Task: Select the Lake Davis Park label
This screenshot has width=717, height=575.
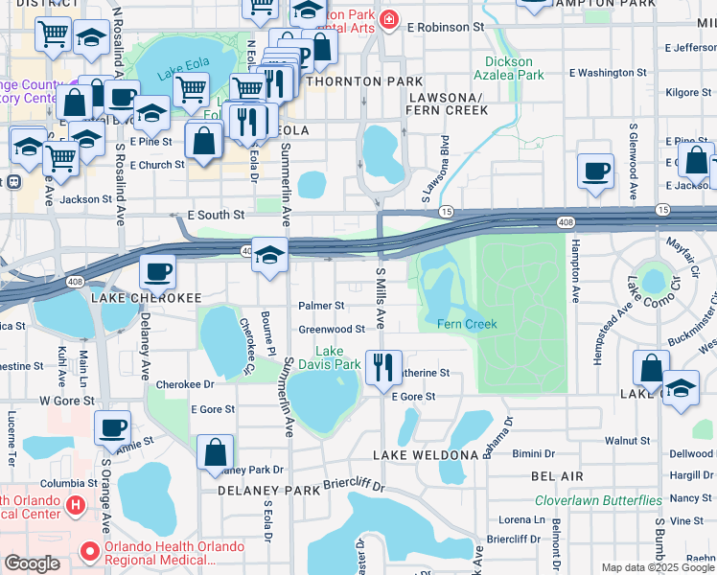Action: [x=338, y=357]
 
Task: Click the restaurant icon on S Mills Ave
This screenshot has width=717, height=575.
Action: [x=382, y=366]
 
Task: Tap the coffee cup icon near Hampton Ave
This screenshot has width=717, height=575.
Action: [x=595, y=171]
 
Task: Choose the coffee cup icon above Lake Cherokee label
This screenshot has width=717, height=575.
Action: [x=157, y=270]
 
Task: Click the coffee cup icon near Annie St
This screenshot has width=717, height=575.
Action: [x=112, y=426]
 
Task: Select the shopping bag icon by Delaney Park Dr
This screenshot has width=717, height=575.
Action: [x=215, y=452]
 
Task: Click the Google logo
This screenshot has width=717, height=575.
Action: [x=32, y=563]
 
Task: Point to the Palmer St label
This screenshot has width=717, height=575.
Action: [x=321, y=306]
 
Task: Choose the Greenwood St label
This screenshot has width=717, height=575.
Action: [x=332, y=329]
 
